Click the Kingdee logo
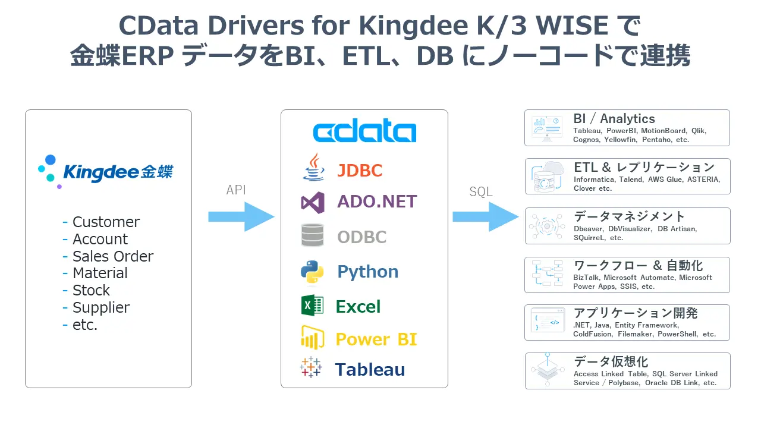pyautogui.click(x=105, y=171)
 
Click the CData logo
pyautogui.click(x=364, y=132)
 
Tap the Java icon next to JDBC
pyautogui.click(x=313, y=168)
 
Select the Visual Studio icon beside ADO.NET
pyautogui.click(x=313, y=202)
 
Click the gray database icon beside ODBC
pyautogui.click(x=313, y=236)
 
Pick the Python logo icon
pyautogui.click(x=312, y=271)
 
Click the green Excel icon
pyautogui.click(x=312, y=306)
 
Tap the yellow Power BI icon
pyautogui.click(x=312, y=338)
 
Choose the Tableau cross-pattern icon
pyautogui.click(x=311, y=368)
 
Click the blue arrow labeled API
pyautogui.click(x=240, y=216)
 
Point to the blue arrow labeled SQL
pyautogui.click(x=485, y=216)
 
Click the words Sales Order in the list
pyautogui.click(x=113, y=256)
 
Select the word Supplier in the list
pyautogui.click(x=101, y=307)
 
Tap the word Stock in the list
pyautogui.click(x=91, y=290)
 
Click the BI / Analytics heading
pyautogui.click(x=614, y=119)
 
